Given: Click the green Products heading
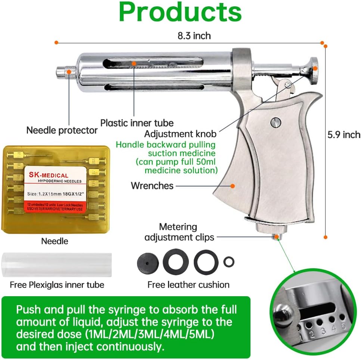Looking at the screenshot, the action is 180,12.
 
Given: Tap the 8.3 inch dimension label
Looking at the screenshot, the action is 194,36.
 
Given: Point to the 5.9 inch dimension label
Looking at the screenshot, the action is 344,135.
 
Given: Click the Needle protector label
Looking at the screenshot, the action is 62,130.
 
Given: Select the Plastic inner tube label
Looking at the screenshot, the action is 137,123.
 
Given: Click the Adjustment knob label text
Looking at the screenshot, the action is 181,134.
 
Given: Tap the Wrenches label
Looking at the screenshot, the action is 152,185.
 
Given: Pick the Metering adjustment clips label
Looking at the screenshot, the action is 179,232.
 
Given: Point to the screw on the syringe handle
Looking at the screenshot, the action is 276,122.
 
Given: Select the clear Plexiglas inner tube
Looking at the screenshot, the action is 57,265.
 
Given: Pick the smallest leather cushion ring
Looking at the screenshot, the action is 228,262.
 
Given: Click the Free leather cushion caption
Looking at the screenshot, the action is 188,285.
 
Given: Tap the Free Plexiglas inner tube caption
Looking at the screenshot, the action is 57,285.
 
